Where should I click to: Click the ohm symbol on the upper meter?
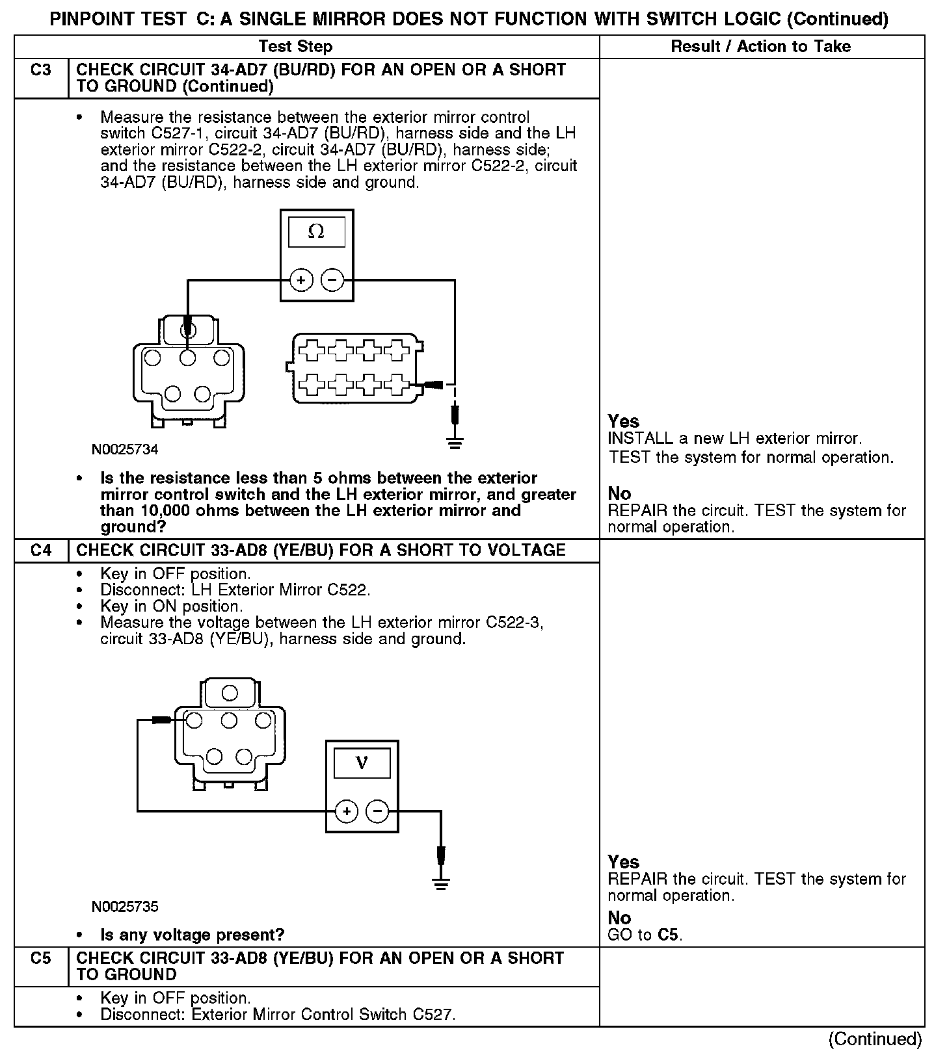point(316,232)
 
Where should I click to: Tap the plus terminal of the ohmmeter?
point(301,280)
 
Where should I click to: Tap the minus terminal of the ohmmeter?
point(332,280)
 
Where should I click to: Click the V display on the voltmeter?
point(362,763)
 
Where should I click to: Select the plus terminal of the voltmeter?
point(347,811)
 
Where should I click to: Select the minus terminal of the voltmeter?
point(378,811)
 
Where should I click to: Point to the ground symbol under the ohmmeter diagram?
point(455,444)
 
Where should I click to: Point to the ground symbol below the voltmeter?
point(441,883)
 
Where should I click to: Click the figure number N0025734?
point(125,449)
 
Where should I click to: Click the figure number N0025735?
point(125,906)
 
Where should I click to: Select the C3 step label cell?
point(41,70)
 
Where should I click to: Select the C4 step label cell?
point(41,551)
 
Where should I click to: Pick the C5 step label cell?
point(41,958)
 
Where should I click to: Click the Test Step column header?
point(295,46)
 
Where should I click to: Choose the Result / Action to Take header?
point(760,46)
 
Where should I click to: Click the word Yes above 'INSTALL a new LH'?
point(623,421)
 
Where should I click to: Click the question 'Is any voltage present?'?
point(193,935)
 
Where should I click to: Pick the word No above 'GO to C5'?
point(619,918)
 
